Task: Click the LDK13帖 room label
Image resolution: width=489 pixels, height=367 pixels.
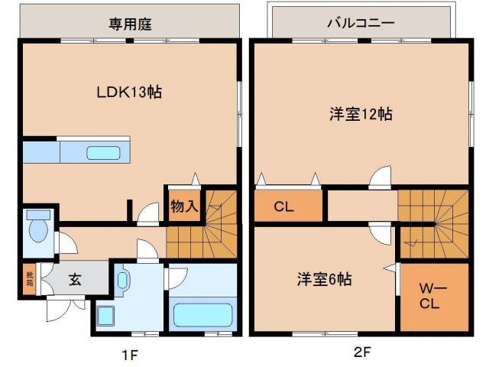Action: (128, 93)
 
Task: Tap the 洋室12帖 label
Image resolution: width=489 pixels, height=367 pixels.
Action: (361, 114)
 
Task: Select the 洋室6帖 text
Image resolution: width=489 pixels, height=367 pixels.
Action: (324, 279)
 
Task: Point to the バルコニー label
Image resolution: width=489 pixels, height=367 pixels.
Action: (360, 23)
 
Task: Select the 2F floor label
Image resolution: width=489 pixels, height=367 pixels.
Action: (361, 353)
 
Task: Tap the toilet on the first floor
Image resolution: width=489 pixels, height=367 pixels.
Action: (37, 227)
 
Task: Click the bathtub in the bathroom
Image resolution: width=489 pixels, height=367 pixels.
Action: (202, 315)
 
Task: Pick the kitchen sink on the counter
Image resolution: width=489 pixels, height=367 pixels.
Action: (102, 152)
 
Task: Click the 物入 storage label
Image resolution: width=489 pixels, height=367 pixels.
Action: (183, 206)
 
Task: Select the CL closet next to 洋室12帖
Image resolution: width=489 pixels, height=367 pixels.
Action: (284, 206)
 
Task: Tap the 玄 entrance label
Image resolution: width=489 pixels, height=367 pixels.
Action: (76, 278)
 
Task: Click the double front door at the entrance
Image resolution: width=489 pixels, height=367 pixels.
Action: (65, 307)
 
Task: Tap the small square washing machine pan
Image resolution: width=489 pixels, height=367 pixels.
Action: (106, 314)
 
